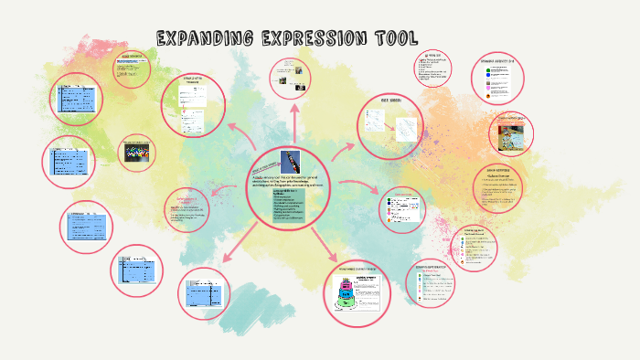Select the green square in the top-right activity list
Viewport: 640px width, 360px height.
pyautogui.click(x=487, y=70)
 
